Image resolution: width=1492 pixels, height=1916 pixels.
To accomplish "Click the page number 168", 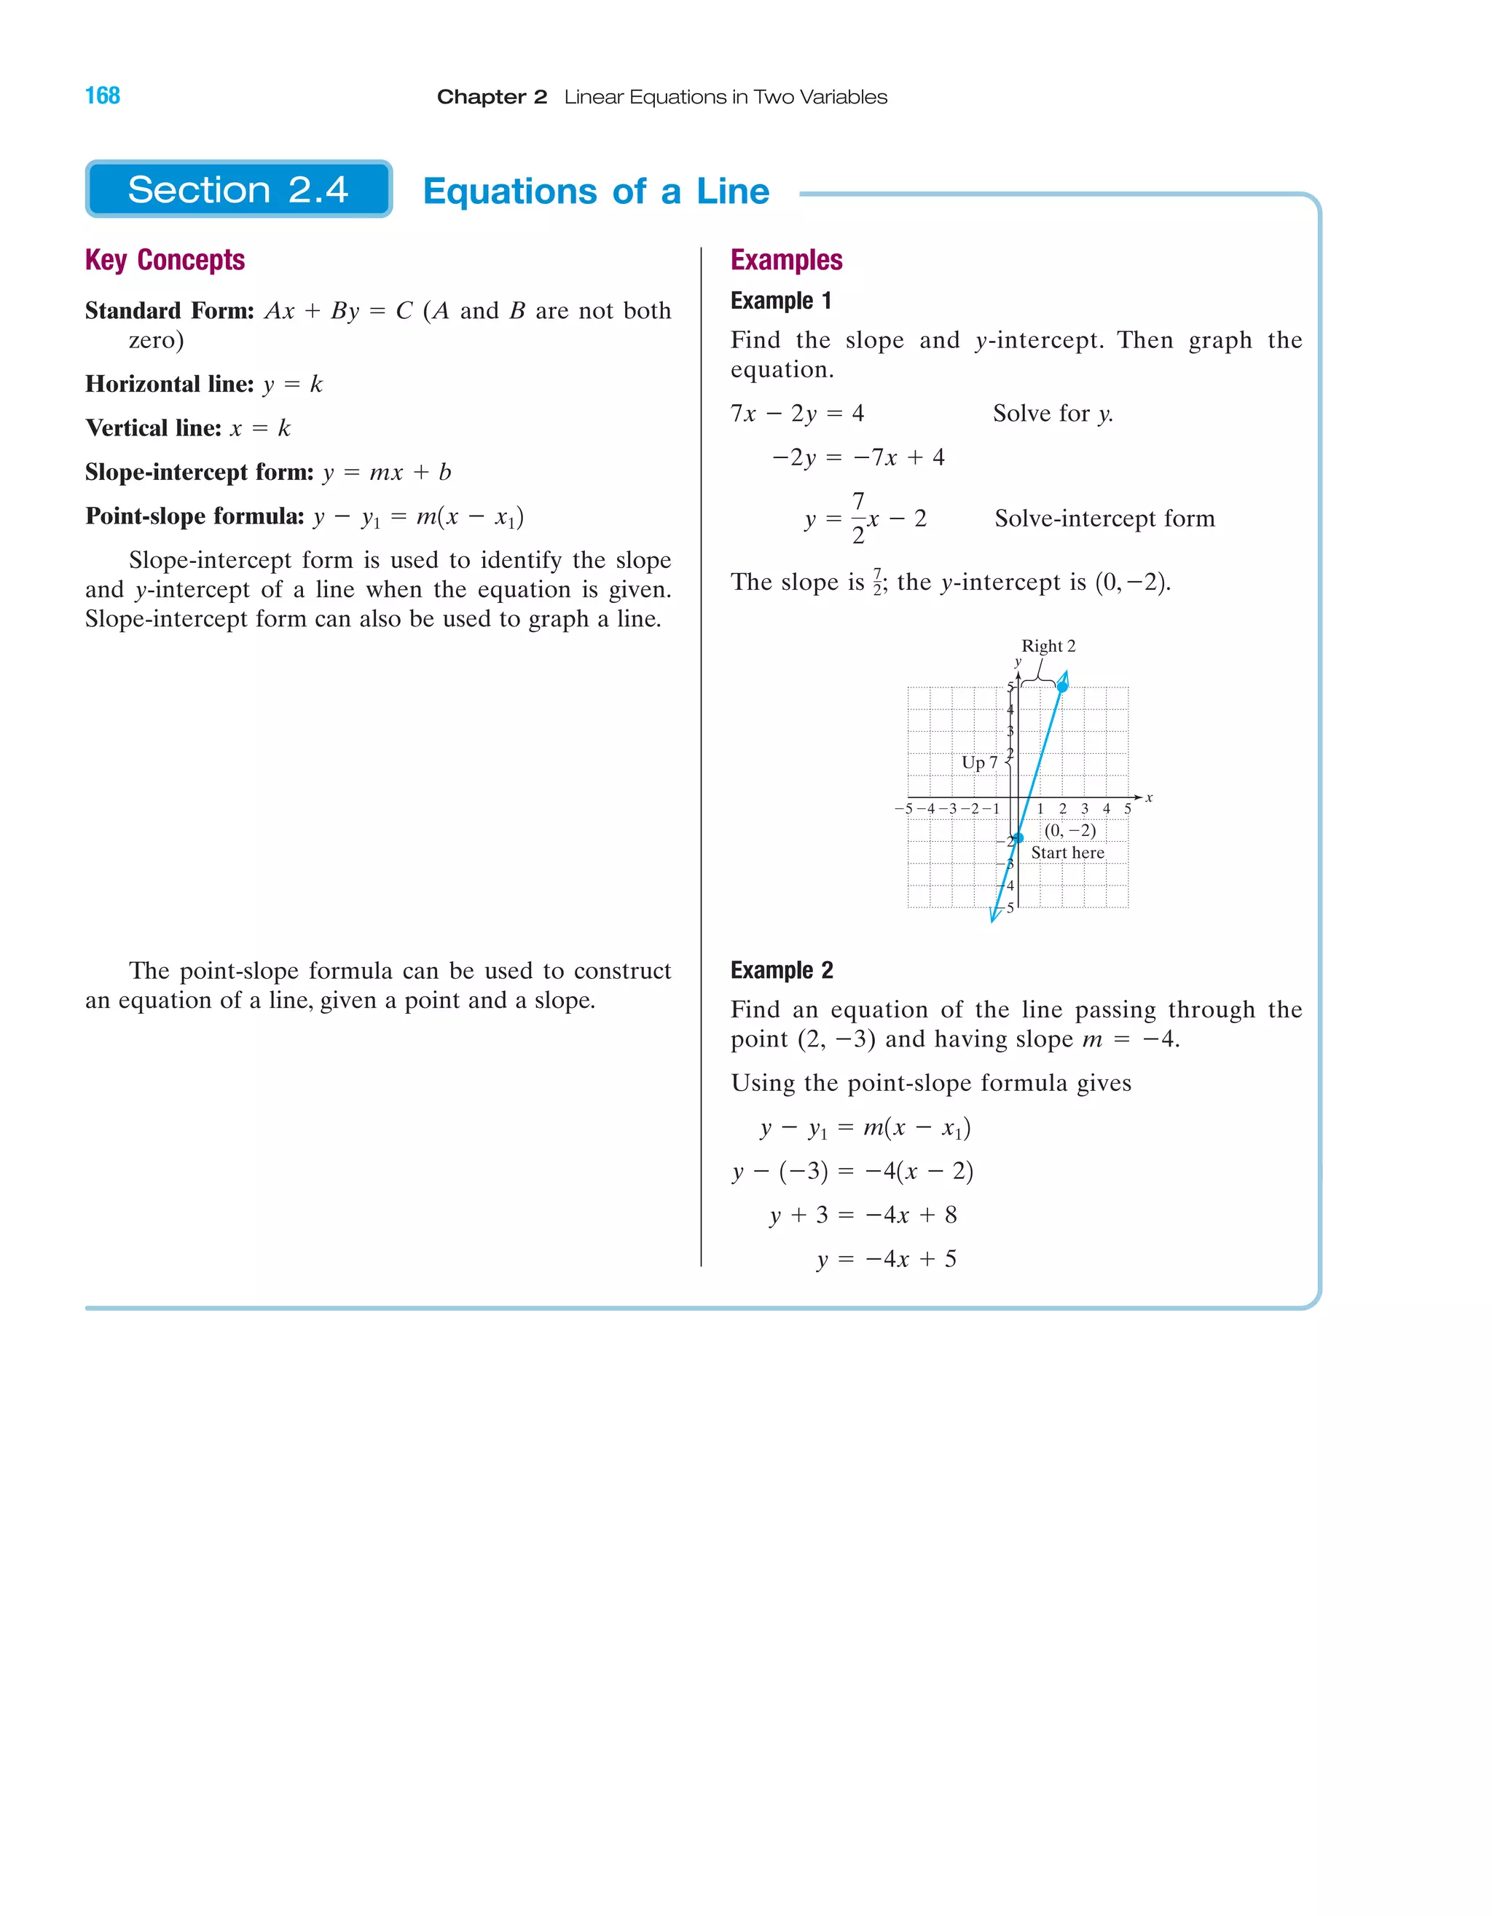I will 102,95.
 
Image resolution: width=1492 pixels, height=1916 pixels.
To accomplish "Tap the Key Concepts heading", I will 165,260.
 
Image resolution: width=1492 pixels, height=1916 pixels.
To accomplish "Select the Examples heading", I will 786,260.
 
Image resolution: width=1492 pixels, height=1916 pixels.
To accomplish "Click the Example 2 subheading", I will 781,970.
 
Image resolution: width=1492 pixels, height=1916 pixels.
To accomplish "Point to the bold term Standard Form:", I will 170,310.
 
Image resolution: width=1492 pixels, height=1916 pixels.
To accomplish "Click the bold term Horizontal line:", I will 170,385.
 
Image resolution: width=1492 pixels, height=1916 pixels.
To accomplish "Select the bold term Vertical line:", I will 154,428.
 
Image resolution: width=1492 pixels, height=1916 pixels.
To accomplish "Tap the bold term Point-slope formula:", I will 195,516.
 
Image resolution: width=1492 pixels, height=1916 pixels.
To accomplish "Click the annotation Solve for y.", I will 1052,413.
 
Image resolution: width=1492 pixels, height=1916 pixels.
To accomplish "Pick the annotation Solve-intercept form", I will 1104,519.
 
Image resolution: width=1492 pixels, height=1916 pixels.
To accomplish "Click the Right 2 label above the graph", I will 1048,646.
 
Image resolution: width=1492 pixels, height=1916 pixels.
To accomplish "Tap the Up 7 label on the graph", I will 978,762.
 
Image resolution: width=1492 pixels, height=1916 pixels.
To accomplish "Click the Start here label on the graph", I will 1067,853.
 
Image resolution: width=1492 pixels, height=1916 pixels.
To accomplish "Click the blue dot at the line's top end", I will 1062,686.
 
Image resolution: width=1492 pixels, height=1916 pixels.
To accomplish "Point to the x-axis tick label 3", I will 1084,809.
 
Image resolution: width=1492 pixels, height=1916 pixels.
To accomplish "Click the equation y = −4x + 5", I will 887,1259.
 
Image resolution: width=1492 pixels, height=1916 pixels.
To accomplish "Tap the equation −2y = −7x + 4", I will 857,457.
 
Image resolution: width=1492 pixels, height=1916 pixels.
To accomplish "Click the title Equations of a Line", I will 596,192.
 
